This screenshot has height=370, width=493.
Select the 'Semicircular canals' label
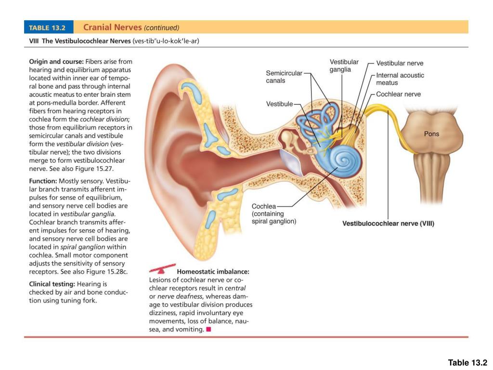[284, 77]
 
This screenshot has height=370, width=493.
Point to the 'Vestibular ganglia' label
[344, 66]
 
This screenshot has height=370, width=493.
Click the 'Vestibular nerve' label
[400, 63]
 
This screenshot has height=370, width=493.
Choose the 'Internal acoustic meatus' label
[400, 79]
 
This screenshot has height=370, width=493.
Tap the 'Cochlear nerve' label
[398, 94]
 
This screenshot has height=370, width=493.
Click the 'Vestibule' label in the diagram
[279, 104]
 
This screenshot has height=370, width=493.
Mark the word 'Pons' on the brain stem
[431, 134]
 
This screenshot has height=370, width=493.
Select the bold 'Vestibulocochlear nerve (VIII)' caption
[388, 224]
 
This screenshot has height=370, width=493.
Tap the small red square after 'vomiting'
[208, 330]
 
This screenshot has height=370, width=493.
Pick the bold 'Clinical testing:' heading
[52, 284]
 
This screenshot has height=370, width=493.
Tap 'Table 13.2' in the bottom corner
[467, 363]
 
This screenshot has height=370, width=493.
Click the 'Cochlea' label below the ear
[264, 206]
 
